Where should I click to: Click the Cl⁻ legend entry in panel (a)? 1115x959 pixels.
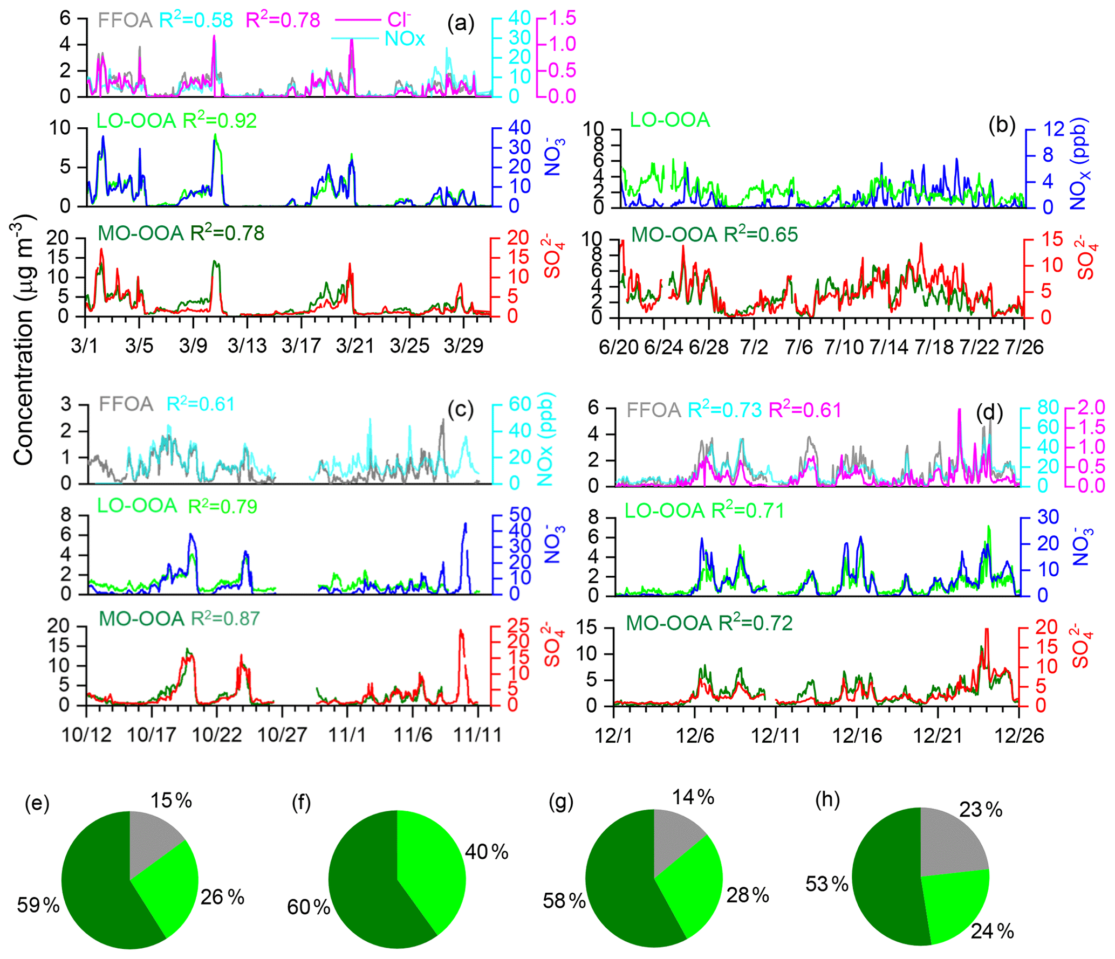click(398, 20)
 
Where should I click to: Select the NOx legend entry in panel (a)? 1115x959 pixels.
click(405, 39)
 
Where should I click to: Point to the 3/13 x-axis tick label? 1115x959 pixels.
click(247, 345)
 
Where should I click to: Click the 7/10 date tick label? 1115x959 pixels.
click(844, 347)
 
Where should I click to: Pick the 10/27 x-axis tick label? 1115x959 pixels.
click(282, 734)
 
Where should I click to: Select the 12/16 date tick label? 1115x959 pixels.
click(857, 735)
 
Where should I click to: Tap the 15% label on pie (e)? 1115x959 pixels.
click(171, 801)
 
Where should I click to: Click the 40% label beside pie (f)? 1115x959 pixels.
click(487, 852)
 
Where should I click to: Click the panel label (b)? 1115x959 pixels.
click(1002, 125)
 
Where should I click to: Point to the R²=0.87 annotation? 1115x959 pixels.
click(225, 618)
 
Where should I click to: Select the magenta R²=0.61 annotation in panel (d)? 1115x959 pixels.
click(805, 410)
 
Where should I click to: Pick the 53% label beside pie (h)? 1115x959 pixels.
click(826, 884)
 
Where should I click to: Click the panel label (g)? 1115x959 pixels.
click(560, 802)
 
